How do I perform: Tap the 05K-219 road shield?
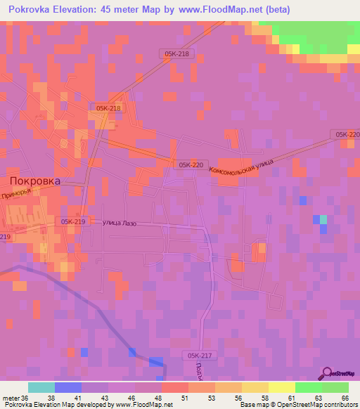click(x=72, y=222)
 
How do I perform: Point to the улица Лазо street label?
click(x=120, y=223)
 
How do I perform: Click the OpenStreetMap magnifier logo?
click(x=328, y=373)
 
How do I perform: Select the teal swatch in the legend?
click(x=41, y=387)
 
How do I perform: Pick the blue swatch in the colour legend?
click(x=68, y=387)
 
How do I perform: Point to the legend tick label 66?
click(x=345, y=398)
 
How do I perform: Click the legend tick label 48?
click(x=158, y=398)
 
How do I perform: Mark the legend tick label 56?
click(x=238, y=398)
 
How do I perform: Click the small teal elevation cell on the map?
click(x=323, y=220)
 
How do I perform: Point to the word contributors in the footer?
click(x=340, y=405)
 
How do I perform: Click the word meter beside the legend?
click(x=11, y=398)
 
